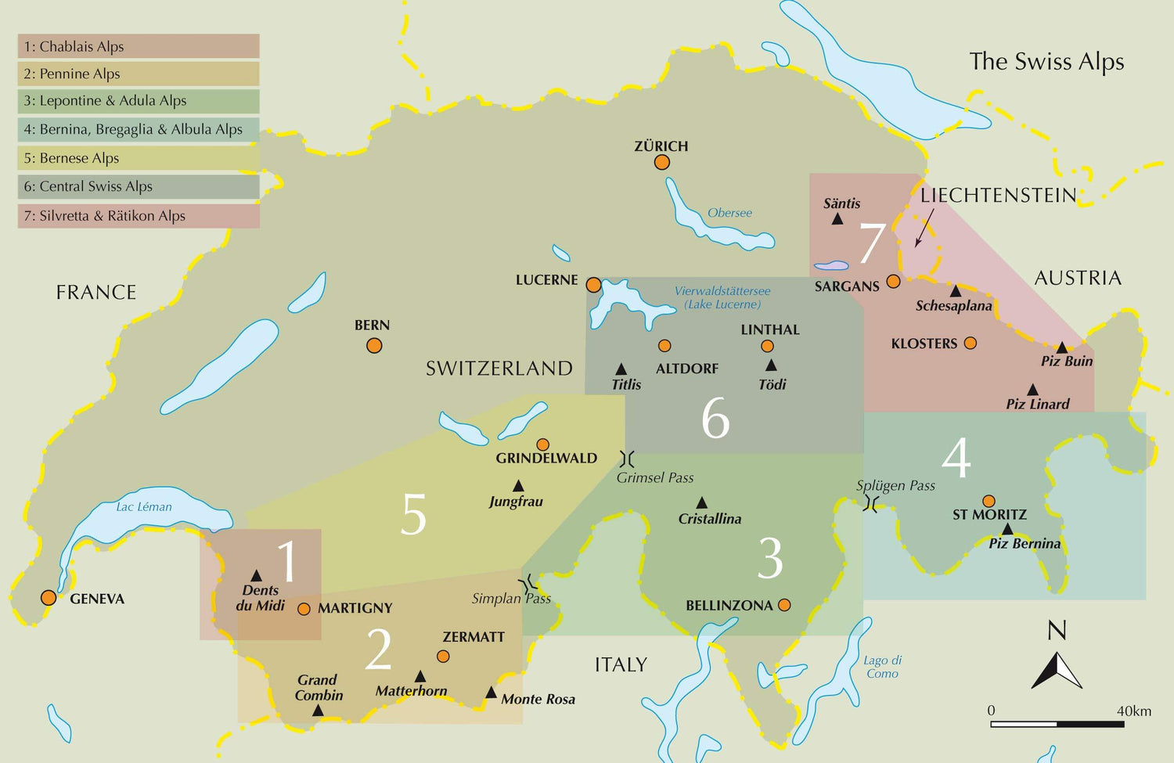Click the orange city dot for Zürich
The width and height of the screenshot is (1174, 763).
pos(662,162)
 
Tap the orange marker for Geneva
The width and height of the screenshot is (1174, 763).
pos(49,598)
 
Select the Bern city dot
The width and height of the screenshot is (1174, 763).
pos(374,345)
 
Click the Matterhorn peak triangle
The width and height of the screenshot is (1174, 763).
pos(420,676)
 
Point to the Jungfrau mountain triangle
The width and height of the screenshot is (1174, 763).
pos(517,486)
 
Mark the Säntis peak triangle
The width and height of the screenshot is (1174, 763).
pos(837,219)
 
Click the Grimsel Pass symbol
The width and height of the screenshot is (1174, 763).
pos(627,459)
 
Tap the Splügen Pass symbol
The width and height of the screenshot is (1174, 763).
pos(870,503)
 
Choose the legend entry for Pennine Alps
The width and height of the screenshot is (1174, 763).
pos(139,74)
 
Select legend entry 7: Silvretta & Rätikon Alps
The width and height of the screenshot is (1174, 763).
pos(139,216)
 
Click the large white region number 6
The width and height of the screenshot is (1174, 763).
pos(715,419)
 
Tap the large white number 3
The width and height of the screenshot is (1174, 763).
pos(770,559)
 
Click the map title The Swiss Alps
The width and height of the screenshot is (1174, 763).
pos(1046,62)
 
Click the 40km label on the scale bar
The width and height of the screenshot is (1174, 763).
pos(1133,711)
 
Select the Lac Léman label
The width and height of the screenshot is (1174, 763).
pos(144,506)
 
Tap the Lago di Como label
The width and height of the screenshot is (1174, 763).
pos(883,667)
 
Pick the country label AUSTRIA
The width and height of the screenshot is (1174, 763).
pos(1078,278)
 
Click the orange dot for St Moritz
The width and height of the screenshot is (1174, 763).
pos(989,501)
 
